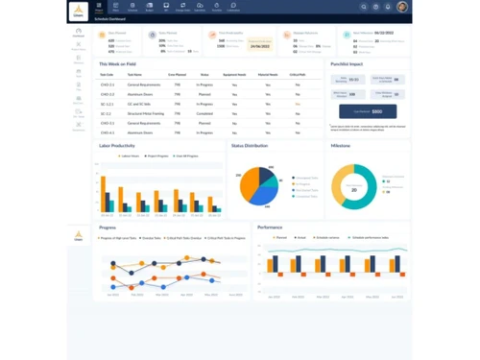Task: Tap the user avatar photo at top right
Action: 403,7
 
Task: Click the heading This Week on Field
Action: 117,63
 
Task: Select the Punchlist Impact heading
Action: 345,63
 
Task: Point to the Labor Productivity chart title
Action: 116,146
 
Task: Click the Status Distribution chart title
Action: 250,146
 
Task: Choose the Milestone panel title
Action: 341,146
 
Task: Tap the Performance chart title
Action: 270,228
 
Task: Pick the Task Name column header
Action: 135,74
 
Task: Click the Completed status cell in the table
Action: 204,113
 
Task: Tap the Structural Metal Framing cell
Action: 145,113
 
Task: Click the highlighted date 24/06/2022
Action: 259,45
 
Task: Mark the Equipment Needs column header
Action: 235,74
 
